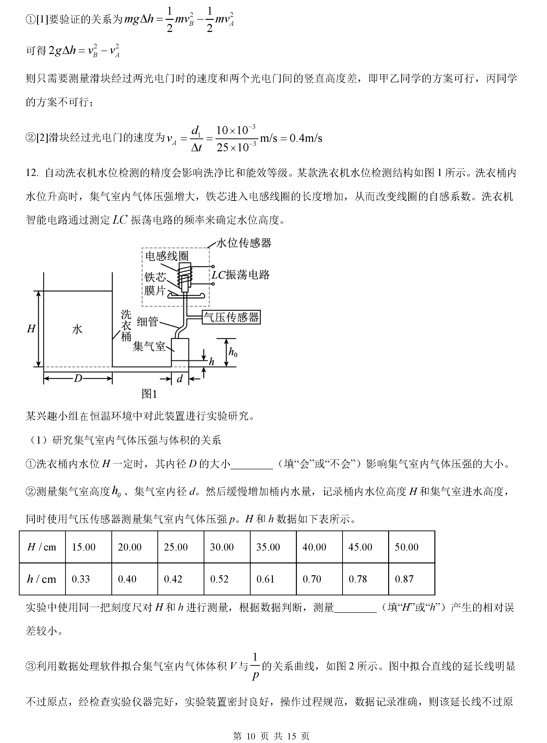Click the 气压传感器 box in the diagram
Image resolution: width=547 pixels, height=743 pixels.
231,317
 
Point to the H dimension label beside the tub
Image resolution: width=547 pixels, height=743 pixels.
31,329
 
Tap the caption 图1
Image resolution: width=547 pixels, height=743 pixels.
149,394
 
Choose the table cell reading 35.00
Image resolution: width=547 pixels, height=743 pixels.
268,547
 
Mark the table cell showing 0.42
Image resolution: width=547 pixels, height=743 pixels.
173,579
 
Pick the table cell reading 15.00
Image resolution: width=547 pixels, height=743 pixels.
84,547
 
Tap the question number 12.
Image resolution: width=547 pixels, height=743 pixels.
32,173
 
